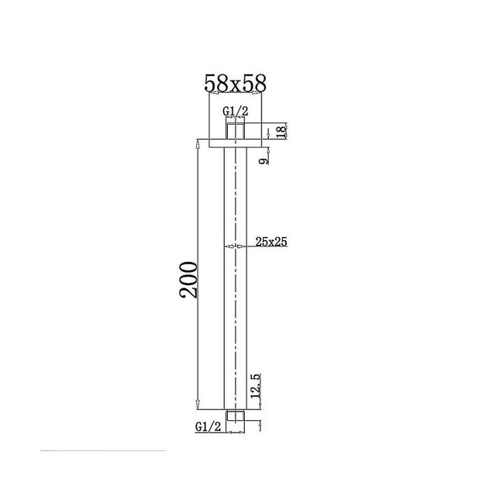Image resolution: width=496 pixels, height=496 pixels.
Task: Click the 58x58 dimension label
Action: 236,84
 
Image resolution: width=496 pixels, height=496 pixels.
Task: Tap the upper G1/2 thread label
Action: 236,112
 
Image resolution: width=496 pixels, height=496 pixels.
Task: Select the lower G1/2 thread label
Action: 208,427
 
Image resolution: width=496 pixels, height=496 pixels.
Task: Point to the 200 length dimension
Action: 188,280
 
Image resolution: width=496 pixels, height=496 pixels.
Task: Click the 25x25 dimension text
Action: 271,242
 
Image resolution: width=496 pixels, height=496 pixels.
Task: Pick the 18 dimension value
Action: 281,131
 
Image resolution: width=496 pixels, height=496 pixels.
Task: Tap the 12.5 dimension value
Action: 256,386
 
